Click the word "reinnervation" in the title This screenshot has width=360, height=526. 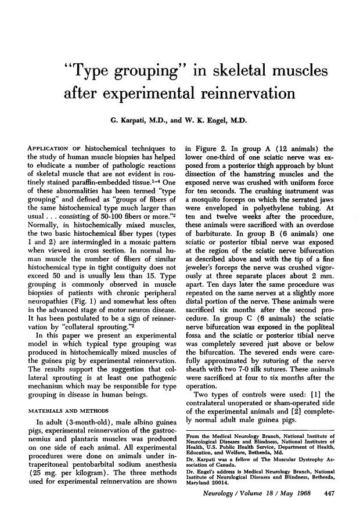(232, 93)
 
